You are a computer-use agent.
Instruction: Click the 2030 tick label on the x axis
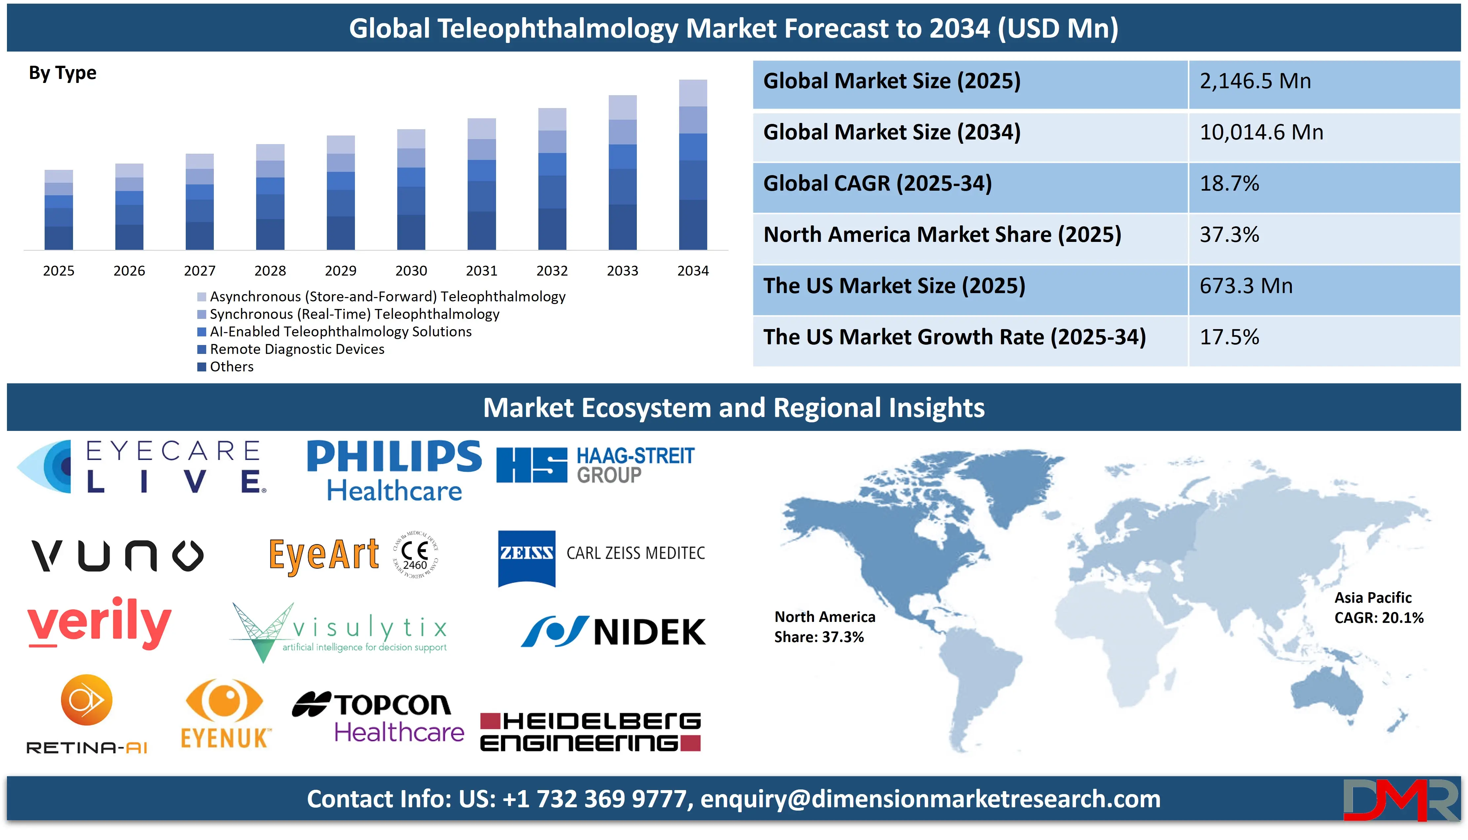pos(411,271)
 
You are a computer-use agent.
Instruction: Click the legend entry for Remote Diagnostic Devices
pos(296,349)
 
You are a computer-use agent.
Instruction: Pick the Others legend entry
pos(231,367)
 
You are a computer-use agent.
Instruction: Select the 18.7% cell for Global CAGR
pos(1229,183)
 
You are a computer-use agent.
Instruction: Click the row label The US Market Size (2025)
pos(894,286)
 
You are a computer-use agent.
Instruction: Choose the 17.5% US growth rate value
pos(1229,337)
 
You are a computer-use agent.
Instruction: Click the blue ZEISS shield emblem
pos(526,557)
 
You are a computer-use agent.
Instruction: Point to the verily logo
pos(99,623)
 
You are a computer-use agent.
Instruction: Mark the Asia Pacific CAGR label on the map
pos(1378,607)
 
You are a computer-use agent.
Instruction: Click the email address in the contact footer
pos(930,799)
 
